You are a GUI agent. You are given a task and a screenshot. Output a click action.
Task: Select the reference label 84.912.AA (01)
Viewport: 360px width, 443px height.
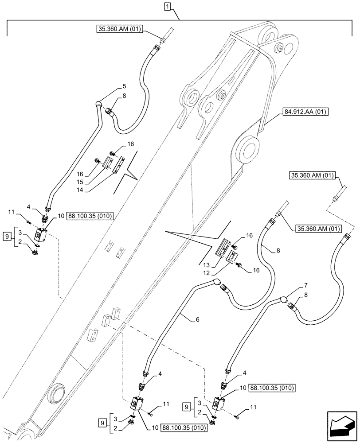304,112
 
